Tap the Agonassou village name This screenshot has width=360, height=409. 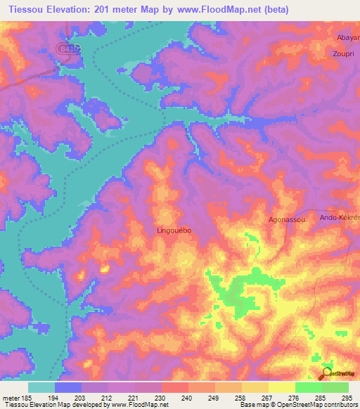tap(286, 220)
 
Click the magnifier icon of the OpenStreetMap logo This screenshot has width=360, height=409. tap(327, 373)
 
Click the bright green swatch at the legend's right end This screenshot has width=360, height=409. tap(335, 387)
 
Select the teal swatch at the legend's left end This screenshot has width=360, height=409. tap(41, 387)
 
